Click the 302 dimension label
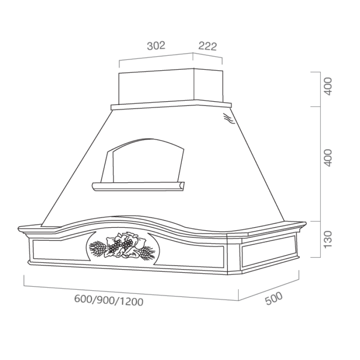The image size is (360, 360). click(x=156, y=45)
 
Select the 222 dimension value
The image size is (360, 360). click(x=207, y=46)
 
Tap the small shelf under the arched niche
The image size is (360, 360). click(x=138, y=185)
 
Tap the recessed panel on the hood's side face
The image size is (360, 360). click(x=268, y=253)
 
